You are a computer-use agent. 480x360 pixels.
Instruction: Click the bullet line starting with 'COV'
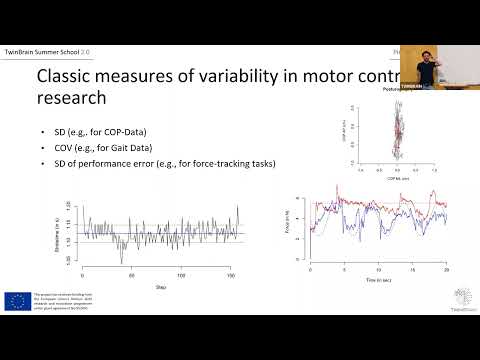81,148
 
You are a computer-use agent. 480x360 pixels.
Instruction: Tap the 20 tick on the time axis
446,271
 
